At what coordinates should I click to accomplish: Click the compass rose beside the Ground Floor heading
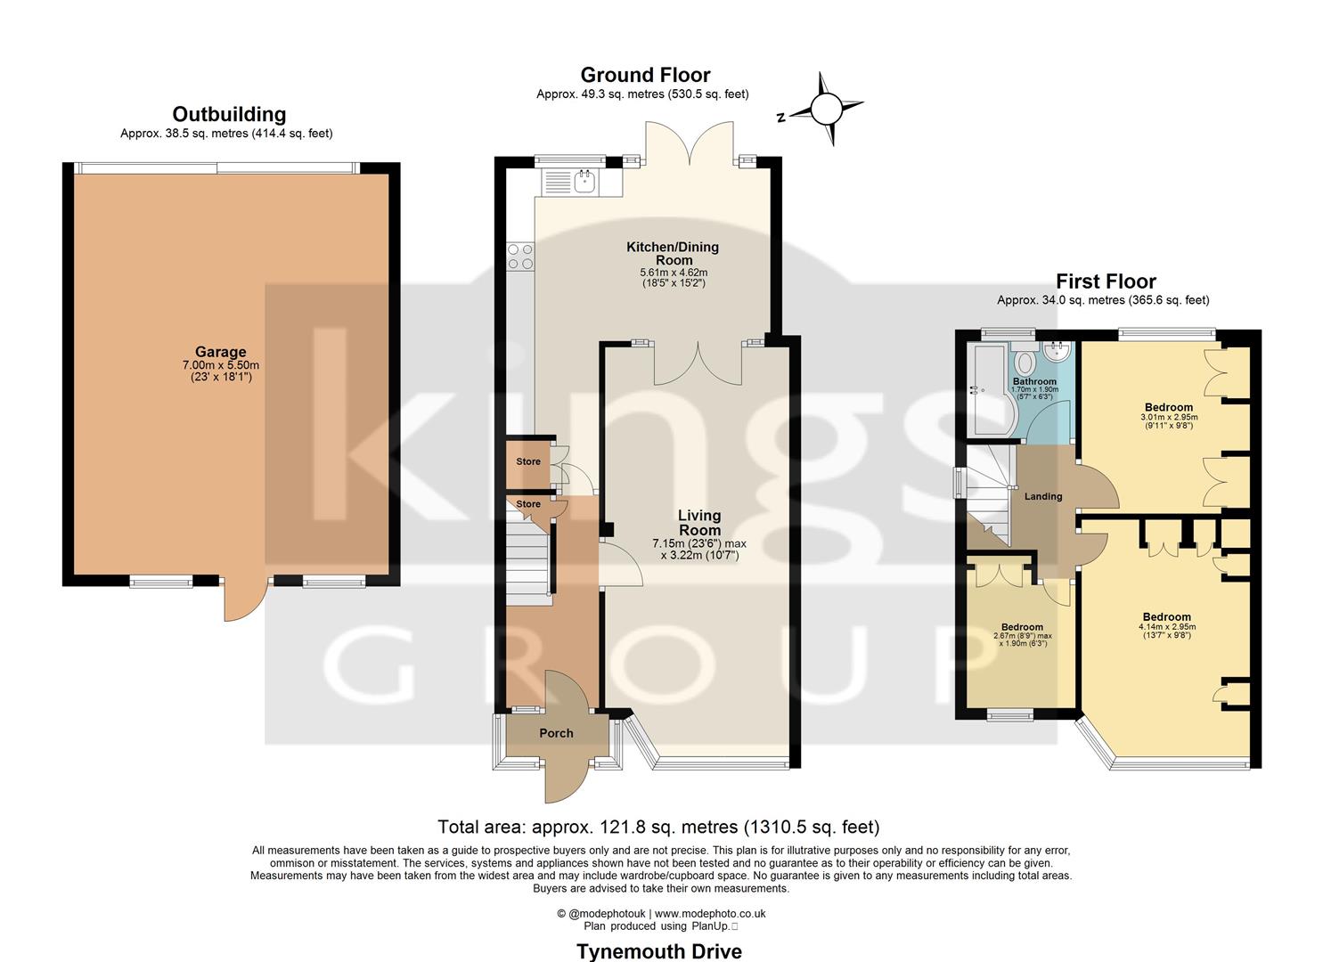825,109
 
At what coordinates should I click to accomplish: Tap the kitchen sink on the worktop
584,183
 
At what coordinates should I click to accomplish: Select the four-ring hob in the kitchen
519,257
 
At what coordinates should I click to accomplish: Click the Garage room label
221,352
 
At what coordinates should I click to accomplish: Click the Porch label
556,733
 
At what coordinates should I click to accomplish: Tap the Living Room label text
699,523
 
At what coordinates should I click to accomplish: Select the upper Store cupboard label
528,461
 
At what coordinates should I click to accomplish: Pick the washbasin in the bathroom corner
1059,351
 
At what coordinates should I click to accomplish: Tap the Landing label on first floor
1042,496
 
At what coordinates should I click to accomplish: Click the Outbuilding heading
229,114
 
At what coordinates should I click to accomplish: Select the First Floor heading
1106,281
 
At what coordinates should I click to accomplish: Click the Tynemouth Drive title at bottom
659,951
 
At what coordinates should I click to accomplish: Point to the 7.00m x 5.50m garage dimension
221,365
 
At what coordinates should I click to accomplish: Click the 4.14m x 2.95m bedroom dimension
1166,627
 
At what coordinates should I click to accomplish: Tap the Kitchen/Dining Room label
673,253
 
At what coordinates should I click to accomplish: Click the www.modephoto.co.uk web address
710,913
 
